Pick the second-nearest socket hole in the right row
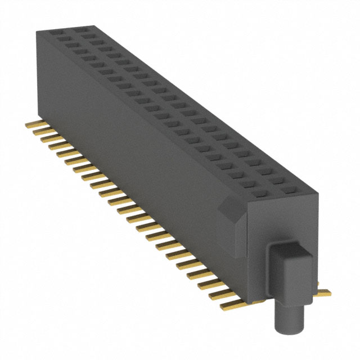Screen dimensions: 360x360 point(280,181)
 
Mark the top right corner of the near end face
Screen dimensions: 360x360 point(318,193)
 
